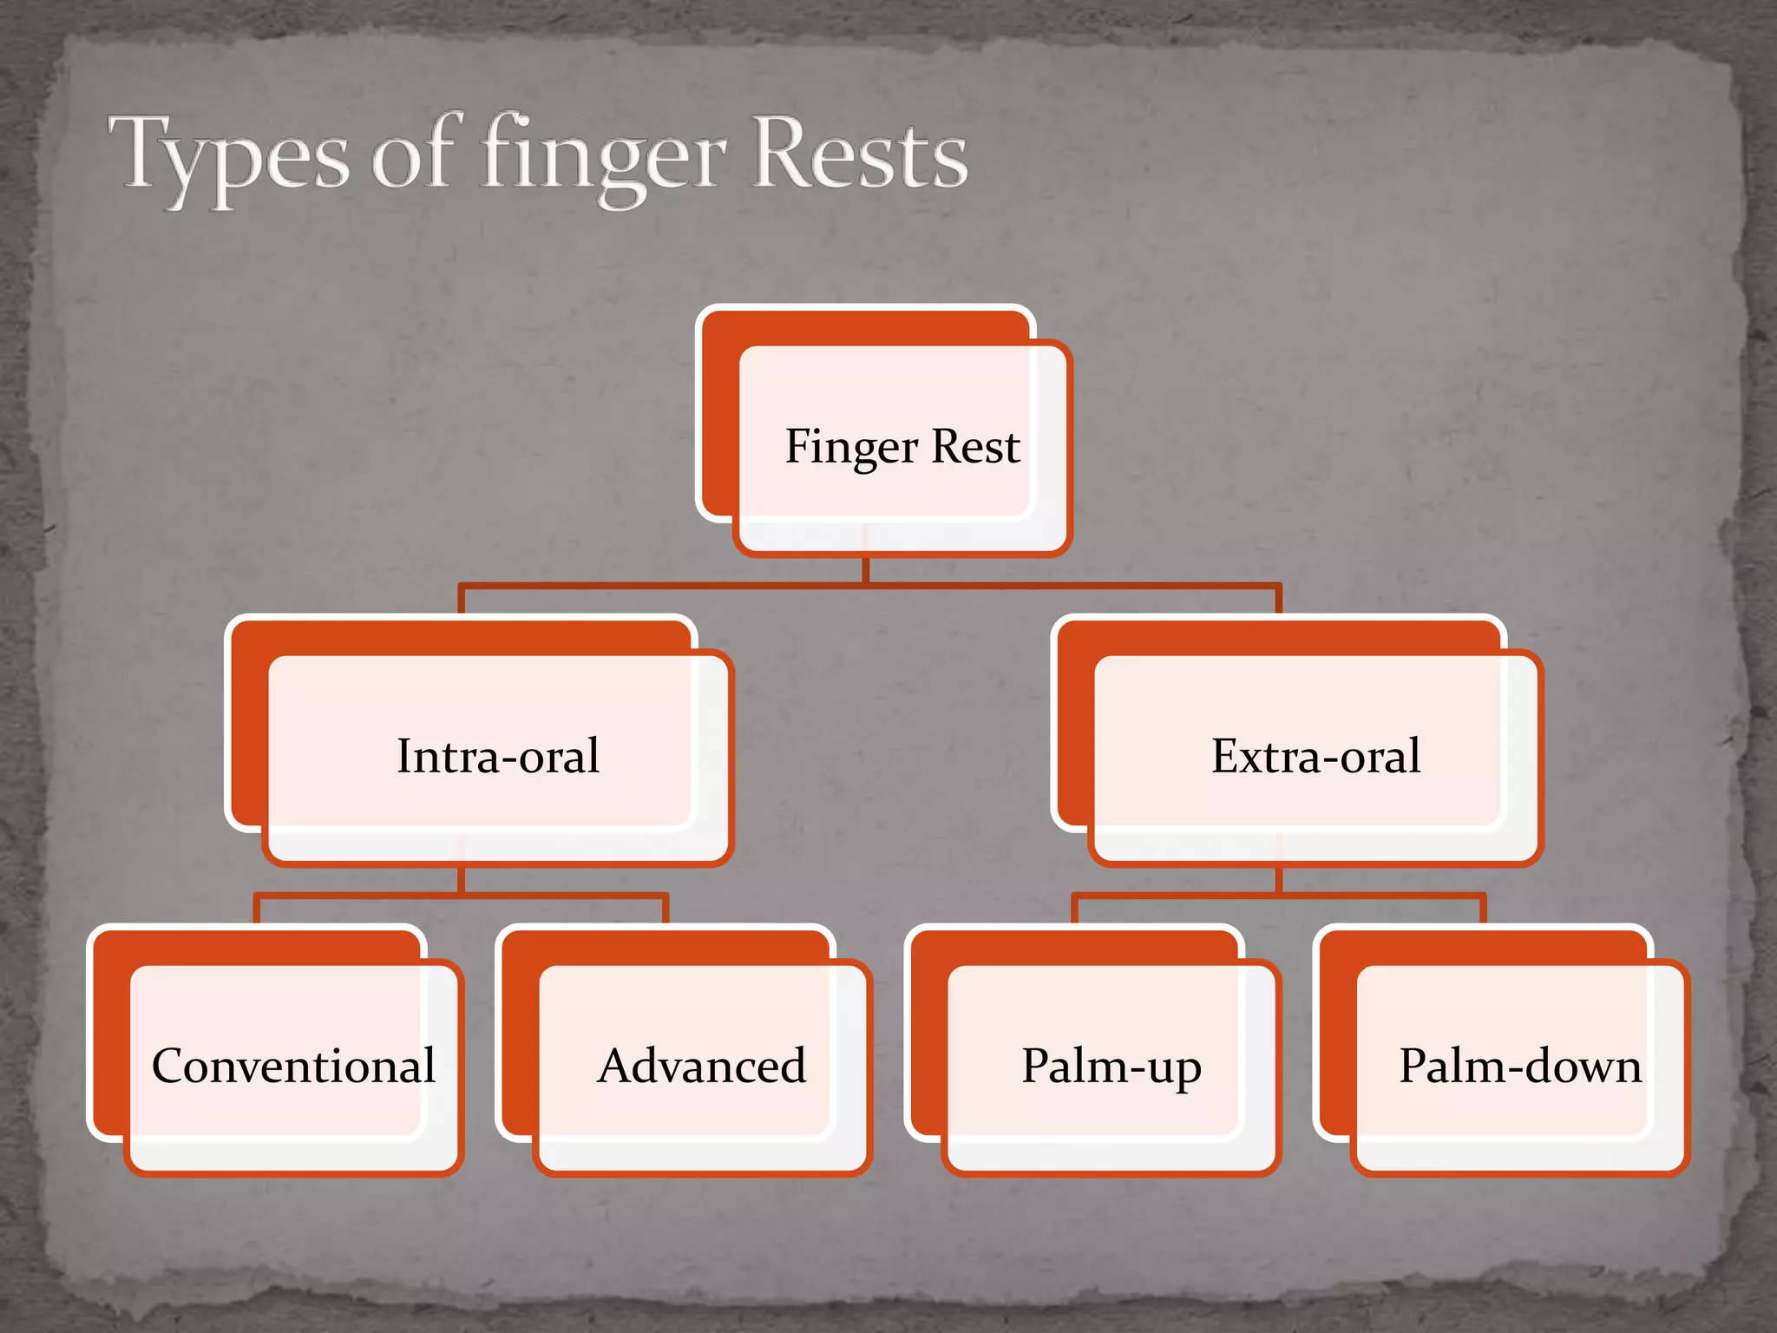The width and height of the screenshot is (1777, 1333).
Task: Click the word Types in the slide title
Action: [x=227, y=156]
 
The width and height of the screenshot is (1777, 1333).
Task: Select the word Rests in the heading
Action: [x=859, y=154]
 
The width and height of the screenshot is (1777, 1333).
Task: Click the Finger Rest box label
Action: [x=902, y=447]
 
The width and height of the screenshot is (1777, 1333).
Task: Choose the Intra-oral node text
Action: [x=498, y=756]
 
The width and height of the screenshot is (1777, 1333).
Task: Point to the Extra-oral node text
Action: [x=1315, y=756]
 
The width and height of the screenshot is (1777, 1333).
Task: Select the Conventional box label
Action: [x=293, y=1066]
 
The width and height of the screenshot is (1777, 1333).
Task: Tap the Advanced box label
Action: [x=702, y=1066]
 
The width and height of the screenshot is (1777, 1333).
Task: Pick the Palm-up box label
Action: [x=1111, y=1067]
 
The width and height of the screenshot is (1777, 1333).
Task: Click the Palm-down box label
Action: [x=1520, y=1066]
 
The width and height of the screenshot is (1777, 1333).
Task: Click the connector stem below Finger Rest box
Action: [x=866, y=570]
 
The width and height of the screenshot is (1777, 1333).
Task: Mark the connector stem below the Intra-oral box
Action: [x=461, y=880]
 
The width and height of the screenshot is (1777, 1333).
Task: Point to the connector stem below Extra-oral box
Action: [x=1278, y=880]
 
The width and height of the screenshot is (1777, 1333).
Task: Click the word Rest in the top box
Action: [x=976, y=447]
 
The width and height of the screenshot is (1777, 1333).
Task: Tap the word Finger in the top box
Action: [x=851, y=448]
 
